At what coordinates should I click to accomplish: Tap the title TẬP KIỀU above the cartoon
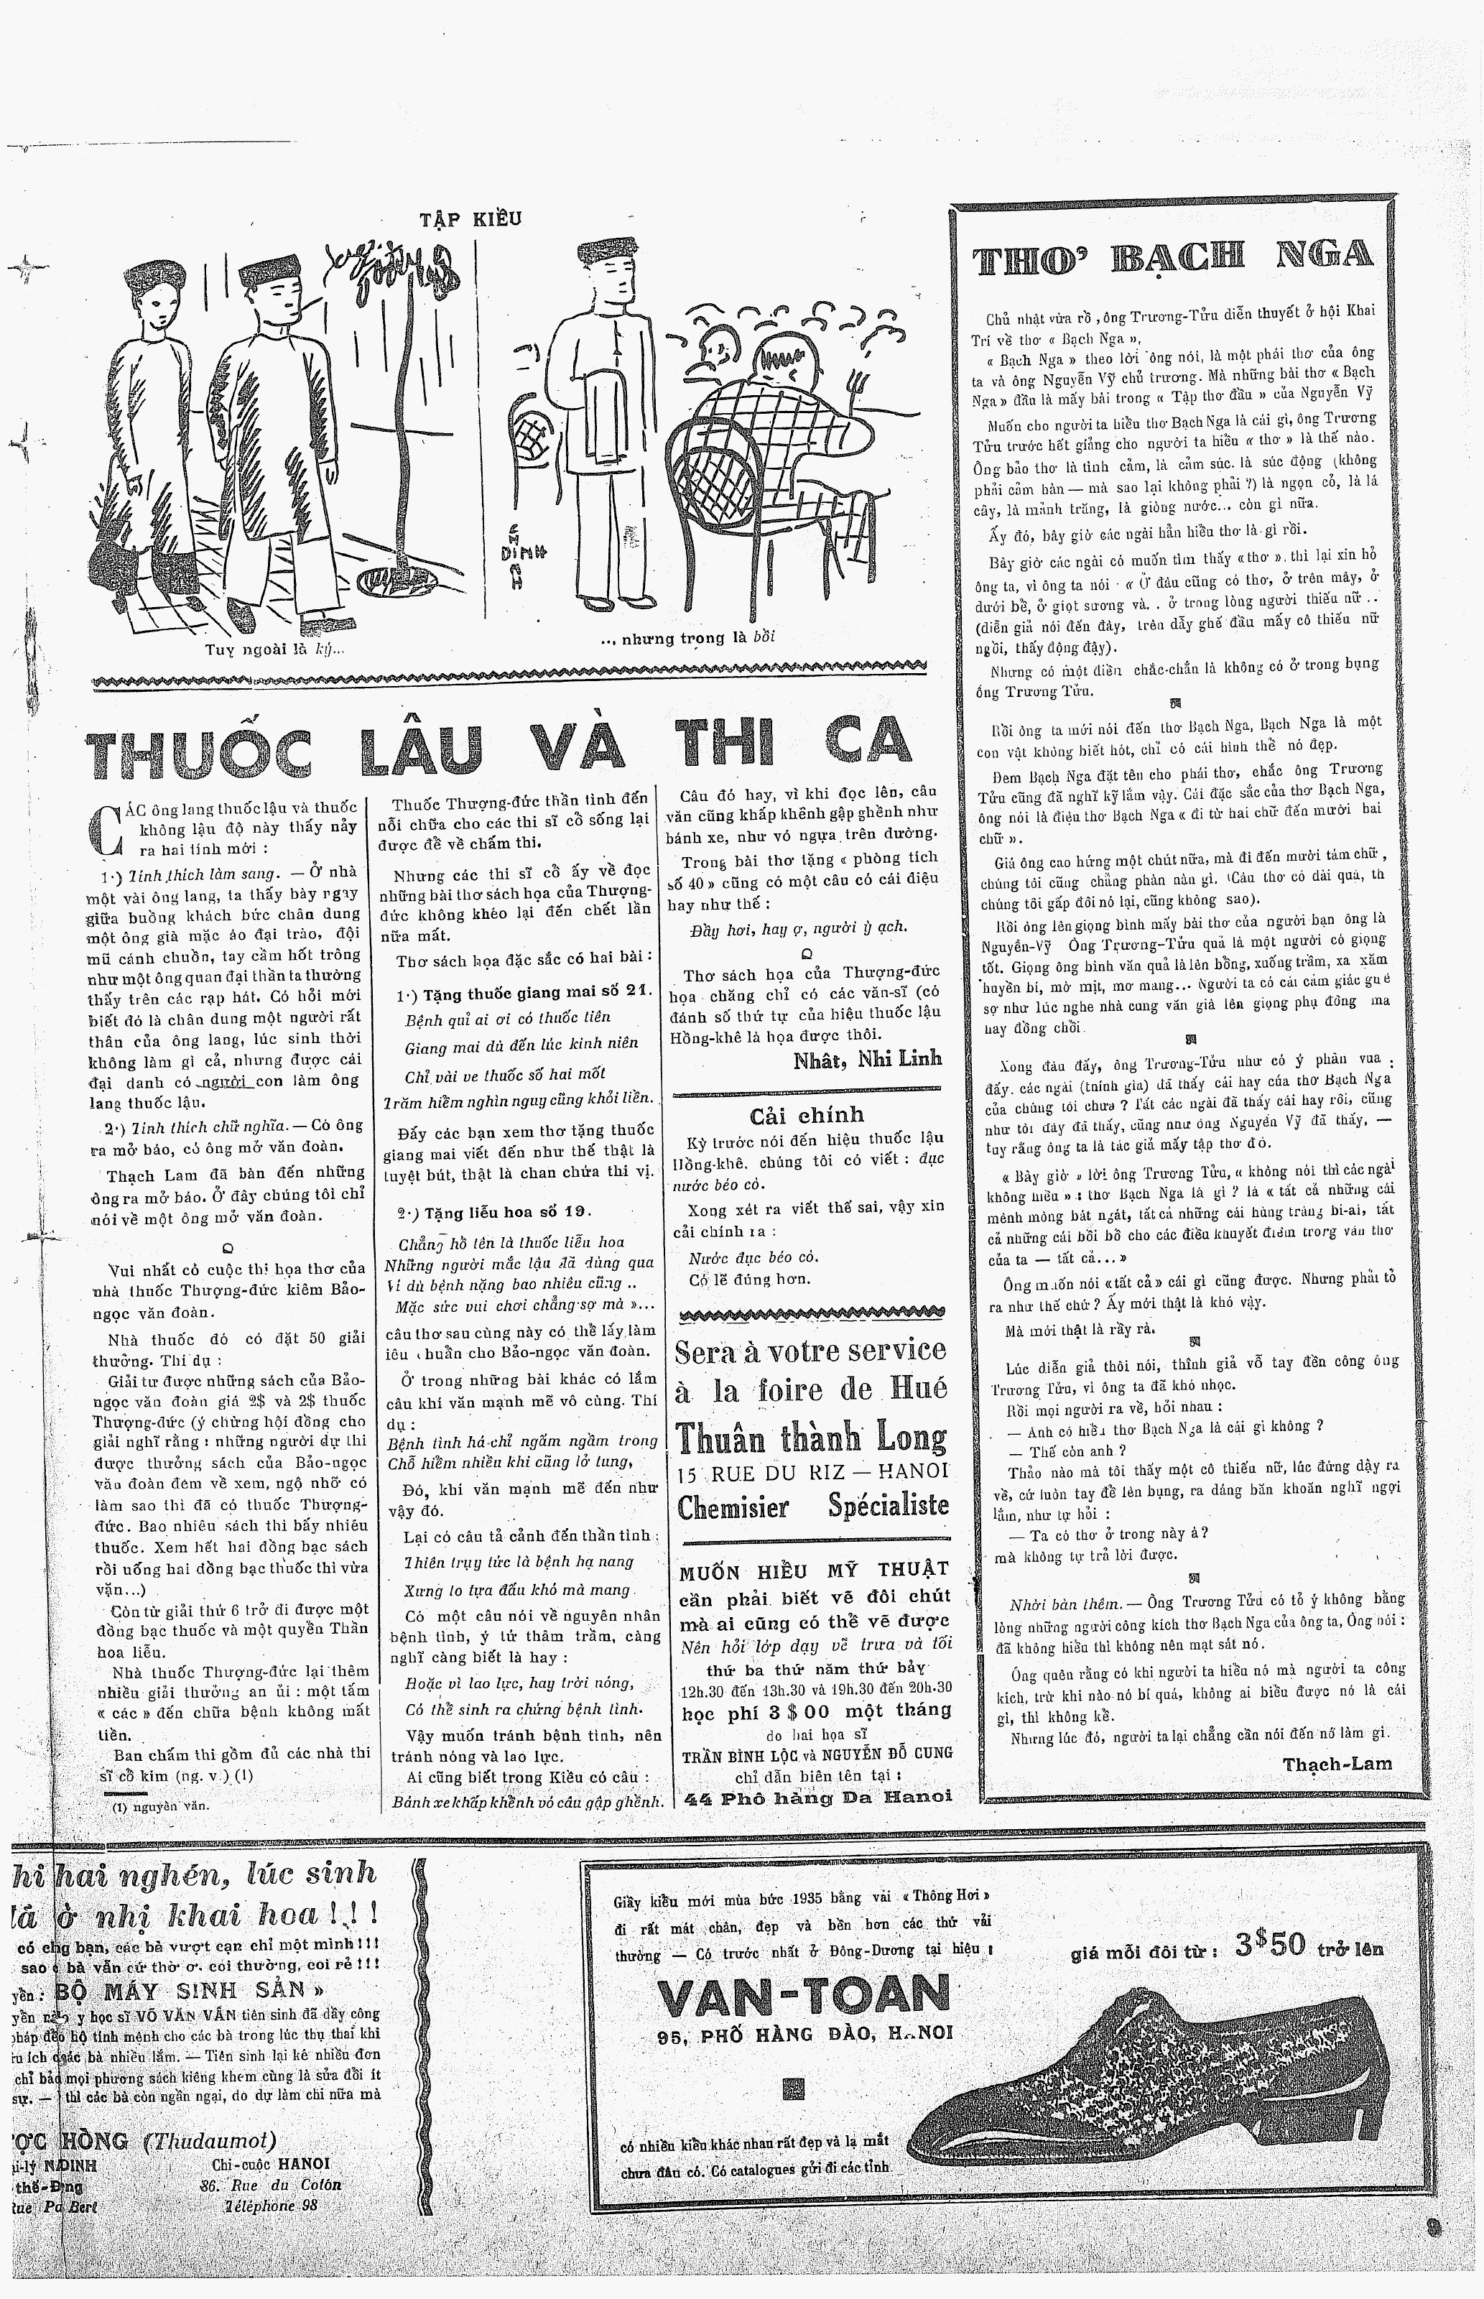(470, 218)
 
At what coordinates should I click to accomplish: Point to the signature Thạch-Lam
(1337, 1764)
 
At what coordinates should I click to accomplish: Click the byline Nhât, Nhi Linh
(867, 1060)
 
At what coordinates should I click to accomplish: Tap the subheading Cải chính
(807, 1115)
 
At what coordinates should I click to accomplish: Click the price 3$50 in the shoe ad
(1270, 1946)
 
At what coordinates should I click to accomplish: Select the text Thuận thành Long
(812, 1438)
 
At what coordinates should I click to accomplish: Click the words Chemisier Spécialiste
(812, 1506)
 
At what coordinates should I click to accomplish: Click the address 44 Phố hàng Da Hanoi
(817, 1797)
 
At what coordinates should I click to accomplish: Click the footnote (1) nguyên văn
(160, 1807)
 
